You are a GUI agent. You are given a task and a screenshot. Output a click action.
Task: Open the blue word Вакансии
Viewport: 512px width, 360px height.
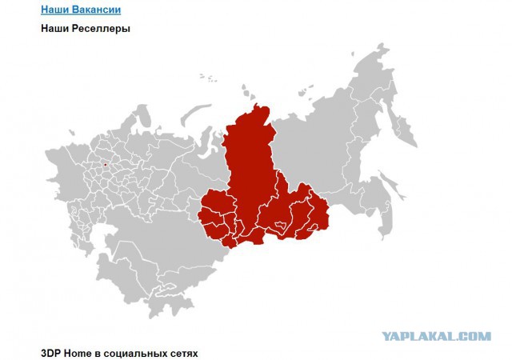click(x=96, y=10)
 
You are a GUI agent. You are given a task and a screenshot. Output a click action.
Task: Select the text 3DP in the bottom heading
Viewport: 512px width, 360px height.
click(x=51, y=352)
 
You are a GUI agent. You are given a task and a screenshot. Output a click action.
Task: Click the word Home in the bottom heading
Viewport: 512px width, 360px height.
click(x=80, y=352)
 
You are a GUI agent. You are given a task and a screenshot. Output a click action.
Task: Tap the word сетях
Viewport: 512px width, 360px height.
click(x=182, y=352)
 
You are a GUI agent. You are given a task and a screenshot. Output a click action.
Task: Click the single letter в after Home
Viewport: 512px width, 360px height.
click(x=101, y=352)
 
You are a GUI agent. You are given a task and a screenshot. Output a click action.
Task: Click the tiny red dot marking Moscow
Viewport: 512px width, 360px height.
click(x=104, y=165)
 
